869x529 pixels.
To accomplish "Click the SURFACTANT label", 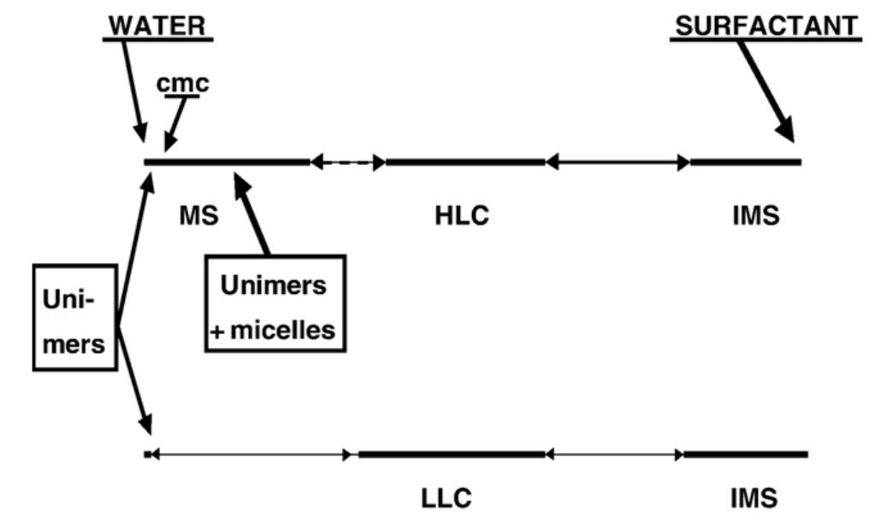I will coord(765,26).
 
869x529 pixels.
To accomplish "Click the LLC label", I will coord(446,497).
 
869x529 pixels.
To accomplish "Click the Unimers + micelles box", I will coord(274,303).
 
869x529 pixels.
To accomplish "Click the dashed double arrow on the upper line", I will coord(347,161).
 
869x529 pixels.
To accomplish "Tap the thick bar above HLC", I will coord(464,161).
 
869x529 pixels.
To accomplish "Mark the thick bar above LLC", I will coord(451,455).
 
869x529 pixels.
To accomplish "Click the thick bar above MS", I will coord(227,161).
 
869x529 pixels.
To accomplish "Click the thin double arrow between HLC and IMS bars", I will coord(618,161).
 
